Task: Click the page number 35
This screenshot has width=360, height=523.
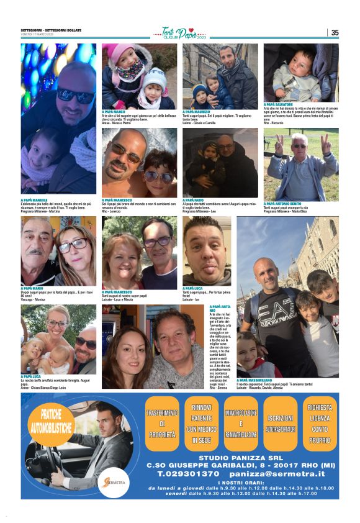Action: coord(335,33)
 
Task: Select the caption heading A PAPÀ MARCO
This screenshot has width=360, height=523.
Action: coord(114,112)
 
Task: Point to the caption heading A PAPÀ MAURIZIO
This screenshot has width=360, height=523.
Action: coord(196,112)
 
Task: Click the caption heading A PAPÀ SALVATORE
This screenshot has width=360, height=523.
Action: coord(277,104)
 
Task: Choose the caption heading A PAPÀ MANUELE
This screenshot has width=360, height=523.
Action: coord(34,200)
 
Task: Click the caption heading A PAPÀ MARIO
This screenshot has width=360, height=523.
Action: coord(32,288)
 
